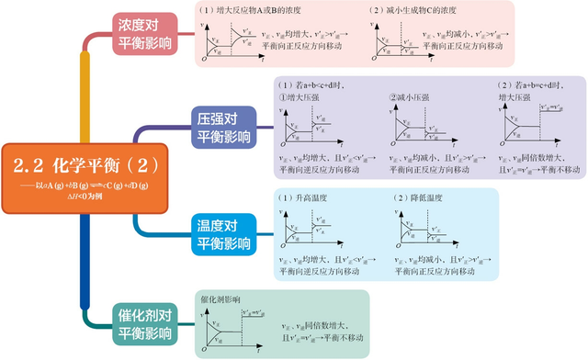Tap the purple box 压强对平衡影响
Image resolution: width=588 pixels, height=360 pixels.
222,129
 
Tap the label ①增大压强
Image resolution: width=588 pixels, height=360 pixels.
303,96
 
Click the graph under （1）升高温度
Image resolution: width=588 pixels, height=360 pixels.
308,230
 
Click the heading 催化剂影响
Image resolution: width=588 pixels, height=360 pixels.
220,299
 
